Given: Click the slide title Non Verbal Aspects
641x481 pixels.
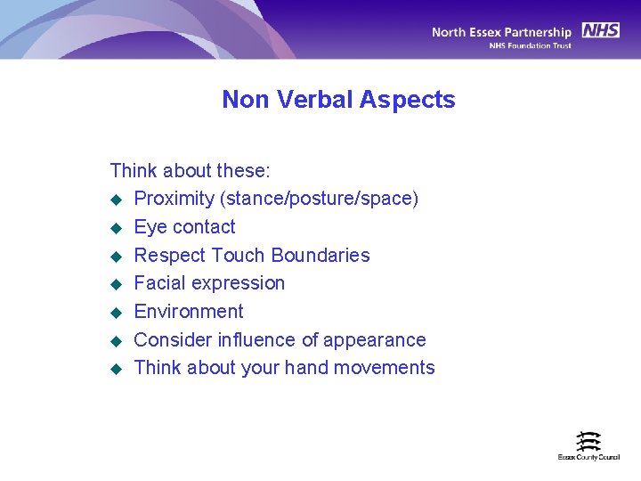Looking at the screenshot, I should tap(338, 100).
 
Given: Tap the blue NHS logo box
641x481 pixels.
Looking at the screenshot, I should tap(601, 30).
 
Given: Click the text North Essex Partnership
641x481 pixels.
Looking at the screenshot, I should tap(501, 32).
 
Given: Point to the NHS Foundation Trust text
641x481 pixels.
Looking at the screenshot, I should tap(530, 45).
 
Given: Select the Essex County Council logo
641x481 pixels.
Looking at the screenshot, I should tap(588, 445).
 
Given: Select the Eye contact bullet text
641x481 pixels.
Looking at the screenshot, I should tap(184, 227).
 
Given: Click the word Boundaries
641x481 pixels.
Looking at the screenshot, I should tap(320, 256).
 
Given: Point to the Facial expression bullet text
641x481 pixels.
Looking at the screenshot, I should tap(209, 283).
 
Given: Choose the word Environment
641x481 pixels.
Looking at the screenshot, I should tap(188, 312).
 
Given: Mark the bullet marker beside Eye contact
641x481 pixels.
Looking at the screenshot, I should tap(114, 228).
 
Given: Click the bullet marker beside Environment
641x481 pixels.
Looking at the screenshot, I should tap(114, 313).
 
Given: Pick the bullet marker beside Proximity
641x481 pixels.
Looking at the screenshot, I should tap(114, 200).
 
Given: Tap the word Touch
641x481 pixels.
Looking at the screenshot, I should tap(242, 256).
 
